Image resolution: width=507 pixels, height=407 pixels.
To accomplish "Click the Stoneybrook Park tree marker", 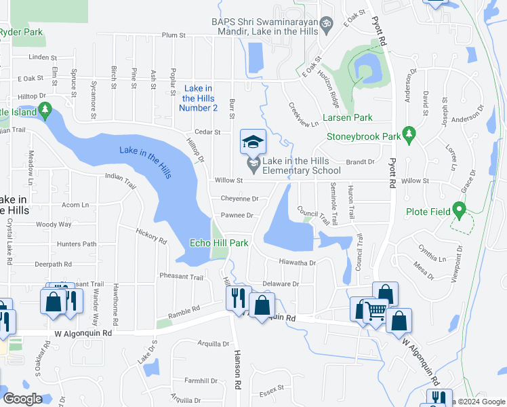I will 408,135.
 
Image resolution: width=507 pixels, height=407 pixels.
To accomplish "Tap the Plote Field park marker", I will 460,210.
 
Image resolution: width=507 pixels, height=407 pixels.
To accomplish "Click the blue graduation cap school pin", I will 253,142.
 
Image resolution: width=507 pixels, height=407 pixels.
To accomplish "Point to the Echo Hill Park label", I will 219,243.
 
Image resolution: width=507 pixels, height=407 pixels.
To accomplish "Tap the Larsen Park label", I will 347,117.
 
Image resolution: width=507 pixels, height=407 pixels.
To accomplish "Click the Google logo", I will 23,399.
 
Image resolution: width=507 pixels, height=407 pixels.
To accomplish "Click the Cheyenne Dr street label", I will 239,199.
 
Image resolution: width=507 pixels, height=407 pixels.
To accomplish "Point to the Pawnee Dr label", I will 237,216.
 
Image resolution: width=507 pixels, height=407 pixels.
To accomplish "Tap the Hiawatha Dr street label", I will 298,262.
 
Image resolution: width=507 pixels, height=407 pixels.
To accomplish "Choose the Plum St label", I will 174,35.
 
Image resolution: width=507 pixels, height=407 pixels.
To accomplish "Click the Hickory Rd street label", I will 150,235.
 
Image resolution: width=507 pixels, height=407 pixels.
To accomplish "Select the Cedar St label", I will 207,132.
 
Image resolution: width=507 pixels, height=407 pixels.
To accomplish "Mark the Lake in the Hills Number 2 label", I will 199,98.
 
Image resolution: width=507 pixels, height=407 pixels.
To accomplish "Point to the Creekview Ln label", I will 303,115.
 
